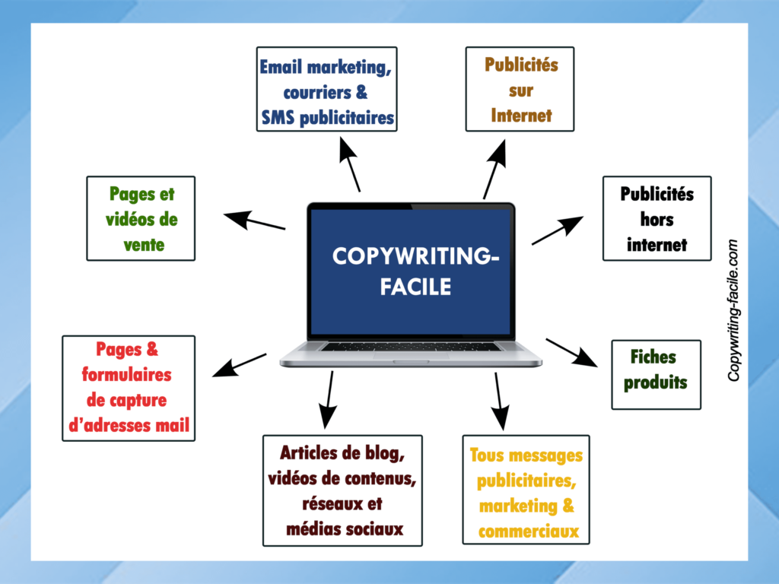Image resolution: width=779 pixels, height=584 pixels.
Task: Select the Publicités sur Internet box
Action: [x=520, y=89]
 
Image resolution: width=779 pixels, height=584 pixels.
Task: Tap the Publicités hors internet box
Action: [x=657, y=218]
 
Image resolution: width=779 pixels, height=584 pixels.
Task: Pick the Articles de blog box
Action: [x=342, y=490]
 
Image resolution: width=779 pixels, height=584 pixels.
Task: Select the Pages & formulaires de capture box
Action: [x=129, y=388]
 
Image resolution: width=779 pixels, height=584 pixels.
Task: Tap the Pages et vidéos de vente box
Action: [x=141, y=218]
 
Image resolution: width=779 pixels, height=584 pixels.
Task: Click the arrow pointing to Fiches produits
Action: [x=571, y=352]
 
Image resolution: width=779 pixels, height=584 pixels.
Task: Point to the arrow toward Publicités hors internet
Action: [x=557, y=230]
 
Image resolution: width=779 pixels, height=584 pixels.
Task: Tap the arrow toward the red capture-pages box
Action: [x=239, y=364]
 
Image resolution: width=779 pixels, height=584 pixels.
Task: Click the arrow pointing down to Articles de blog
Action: [x=329, y=398]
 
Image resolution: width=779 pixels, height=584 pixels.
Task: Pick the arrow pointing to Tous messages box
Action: [x=498, y=401]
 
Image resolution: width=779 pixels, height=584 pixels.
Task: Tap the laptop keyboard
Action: [x=411, y=346]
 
